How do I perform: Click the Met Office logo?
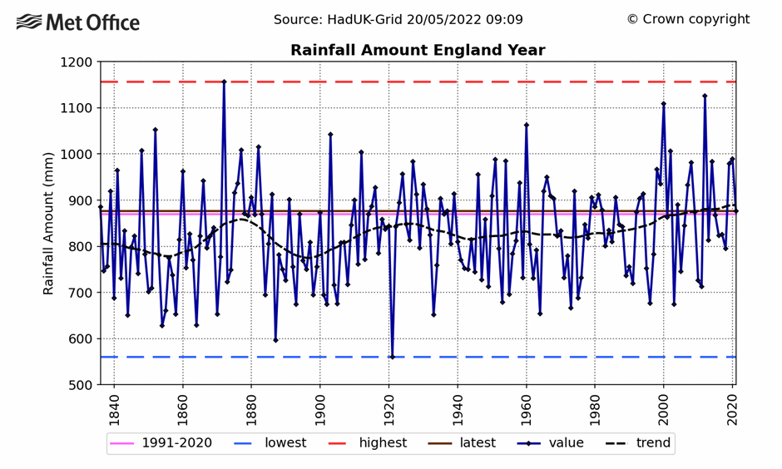[x=78, y=22]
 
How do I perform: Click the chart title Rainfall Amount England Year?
[x=418, y=51]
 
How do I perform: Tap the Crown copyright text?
[x=688, y=19]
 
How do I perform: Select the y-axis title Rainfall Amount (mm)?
[x=49, y=223]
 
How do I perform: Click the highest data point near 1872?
[x=224, y=81]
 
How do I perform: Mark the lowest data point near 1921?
[x=392, y=357]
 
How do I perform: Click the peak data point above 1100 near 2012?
[x=705, y=96]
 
